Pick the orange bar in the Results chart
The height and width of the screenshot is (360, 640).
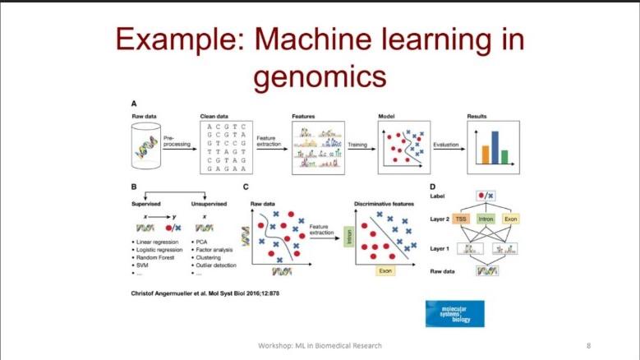(485, 155)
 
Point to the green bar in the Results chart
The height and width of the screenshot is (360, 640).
(504, 156)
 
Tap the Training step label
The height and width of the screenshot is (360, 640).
(357, 144)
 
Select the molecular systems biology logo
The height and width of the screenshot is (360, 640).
(454, 313)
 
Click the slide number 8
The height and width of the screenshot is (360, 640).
(589, 344)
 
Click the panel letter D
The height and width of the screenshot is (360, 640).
(433, 187)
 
